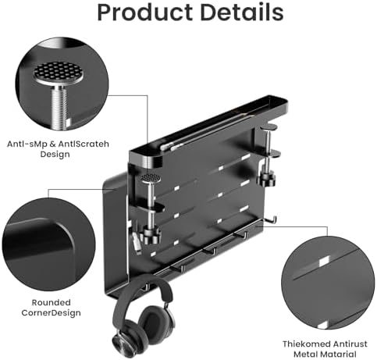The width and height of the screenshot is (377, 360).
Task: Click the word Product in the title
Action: pos(144,13)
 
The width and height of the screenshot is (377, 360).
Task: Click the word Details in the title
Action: pos(241,12)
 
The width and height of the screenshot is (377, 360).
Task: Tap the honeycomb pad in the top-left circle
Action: pos(59,71)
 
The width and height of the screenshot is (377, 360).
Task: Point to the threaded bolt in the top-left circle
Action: pos(59,107)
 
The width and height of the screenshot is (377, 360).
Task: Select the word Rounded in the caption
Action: pos(51,302)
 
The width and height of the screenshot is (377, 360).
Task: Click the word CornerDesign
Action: pos(51,312)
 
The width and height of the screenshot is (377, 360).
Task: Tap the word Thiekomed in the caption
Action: pos(307,344)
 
